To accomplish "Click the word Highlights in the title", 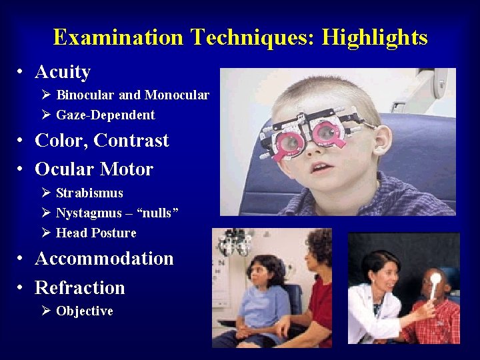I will click(x=374, y=37).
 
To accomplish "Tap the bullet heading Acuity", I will click(x=63, y=72).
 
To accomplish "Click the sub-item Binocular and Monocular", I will click(x=133, y=95).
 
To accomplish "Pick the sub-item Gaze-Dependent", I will click(x=105, y=115).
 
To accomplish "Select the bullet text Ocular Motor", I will click(x=94, y=169).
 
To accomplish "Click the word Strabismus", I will click(x=89, y=193).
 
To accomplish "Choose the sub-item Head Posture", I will click(x=96, y=233).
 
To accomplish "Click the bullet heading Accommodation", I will click(x=104, y=259).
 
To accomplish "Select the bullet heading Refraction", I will click(x=80, y=288).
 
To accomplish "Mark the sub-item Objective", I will click(x=85, y=311).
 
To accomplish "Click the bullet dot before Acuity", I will click(x=22, y=73).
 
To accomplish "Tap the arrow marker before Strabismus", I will click(x=45, y=193).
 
